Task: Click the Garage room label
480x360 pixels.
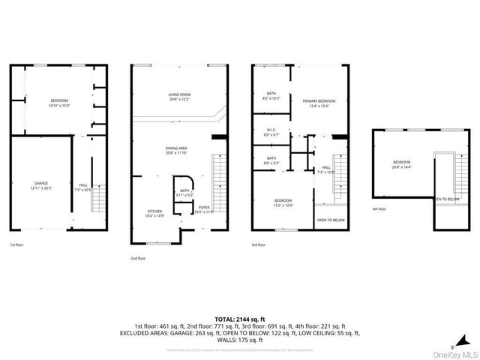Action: [x=40, y=184]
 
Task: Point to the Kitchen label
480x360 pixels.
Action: [x=154, y=213]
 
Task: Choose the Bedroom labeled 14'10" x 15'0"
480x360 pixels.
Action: [x=59, y=103]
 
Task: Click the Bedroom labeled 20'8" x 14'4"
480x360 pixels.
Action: [x=401, y=164]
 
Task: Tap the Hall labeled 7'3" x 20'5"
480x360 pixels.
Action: [x=82, y=187]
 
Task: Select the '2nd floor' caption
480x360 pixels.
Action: [x=138, y=257]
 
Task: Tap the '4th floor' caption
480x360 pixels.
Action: [x=379, y=209]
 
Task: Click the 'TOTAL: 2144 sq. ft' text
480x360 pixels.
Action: [x=240, y=319]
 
